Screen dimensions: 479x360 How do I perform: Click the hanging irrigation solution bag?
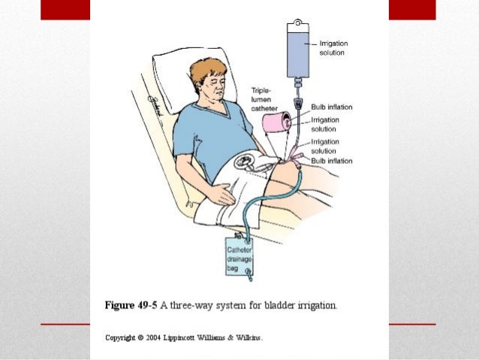click(x=298, y=50)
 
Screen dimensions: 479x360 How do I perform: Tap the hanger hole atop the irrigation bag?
click(x=297, y=23)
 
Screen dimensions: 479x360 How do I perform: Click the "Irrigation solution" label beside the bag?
click(x=333, y=48)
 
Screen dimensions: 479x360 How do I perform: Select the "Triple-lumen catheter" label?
click(x=264, y=99)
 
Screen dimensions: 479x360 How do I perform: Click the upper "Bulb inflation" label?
click(x=332, y=107)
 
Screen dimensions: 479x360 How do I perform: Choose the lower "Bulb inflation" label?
click(x=332, y=161)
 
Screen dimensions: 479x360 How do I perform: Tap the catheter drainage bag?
click(x=239, y=256)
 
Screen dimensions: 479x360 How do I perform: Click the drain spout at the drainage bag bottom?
click(x=250, y=275)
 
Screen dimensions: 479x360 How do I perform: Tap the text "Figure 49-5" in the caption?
click(x=131, y=305)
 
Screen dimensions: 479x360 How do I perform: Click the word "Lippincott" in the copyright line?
click(x=179, y=338)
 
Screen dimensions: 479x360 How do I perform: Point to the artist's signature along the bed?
click(x=155, y=106)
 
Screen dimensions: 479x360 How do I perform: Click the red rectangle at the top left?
click(x=65, y=10)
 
